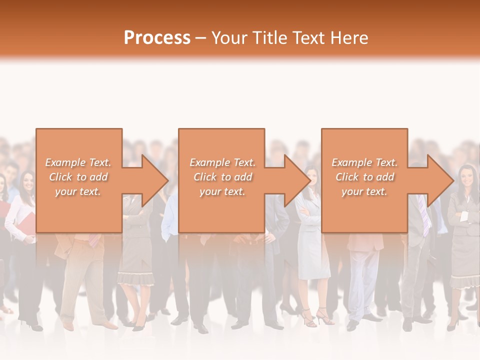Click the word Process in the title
[x=157, y=38]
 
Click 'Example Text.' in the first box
[x=78, y=162]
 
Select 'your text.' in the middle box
[x=222, y=191]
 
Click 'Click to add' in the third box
[x=364, y=177]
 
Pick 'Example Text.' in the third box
[x=364, y=162]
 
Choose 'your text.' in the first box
[x=78, y=191]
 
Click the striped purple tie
[x=424, y=215]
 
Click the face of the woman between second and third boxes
[x=312, y=176]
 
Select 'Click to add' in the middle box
[x=222, y=177]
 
